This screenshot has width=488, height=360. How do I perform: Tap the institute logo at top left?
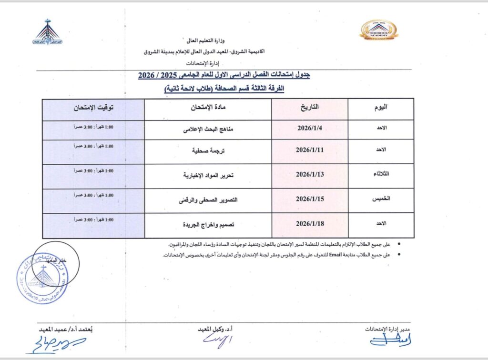48,32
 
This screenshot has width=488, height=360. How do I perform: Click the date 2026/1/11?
310,150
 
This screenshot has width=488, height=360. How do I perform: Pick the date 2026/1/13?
310,174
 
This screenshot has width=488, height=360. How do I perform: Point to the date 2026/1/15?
310,200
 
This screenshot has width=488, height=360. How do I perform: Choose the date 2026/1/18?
310,223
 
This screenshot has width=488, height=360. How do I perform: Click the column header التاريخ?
310,107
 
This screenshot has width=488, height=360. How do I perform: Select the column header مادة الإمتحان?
208,108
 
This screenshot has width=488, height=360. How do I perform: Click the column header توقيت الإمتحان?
93,108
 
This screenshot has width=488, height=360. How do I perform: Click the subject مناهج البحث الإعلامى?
208,130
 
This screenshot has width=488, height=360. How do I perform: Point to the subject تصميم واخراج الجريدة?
208,224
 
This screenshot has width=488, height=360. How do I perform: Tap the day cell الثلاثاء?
382,174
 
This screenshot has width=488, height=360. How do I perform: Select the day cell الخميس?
381,200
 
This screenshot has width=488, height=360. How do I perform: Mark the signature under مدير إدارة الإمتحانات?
391,340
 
